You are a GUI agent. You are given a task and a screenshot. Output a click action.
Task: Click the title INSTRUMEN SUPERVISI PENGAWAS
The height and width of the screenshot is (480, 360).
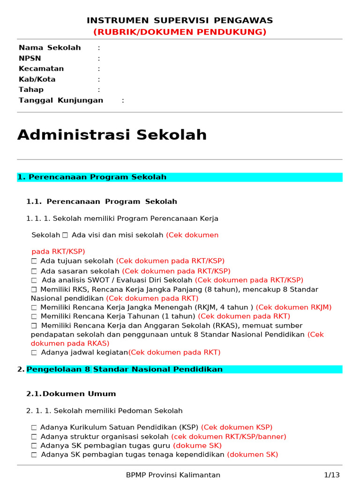tap(180, 20)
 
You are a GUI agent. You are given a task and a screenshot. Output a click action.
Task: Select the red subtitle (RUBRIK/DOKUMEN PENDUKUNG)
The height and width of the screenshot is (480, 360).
tap(180, 32)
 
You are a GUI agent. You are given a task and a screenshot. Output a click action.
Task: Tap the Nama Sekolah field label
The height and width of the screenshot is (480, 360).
tap(50, 48)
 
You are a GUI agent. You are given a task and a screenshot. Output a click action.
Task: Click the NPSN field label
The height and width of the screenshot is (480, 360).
tap(30, 59)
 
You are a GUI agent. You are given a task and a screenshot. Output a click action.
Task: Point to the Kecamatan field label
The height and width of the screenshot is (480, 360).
tap(41, 69)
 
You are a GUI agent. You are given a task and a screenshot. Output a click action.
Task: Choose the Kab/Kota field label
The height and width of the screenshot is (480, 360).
tap(37, 79)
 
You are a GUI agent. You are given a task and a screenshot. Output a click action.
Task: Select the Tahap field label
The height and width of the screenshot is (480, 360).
tap(31, 90)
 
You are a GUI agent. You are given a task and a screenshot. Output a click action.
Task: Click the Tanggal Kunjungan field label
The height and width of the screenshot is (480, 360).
tap(61, 100)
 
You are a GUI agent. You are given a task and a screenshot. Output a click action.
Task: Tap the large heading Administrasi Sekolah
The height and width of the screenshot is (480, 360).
tap(112, 135)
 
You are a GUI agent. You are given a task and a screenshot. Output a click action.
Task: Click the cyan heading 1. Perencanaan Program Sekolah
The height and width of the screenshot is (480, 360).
tap(92, 177)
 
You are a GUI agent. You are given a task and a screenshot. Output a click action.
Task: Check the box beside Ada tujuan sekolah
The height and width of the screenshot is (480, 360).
tap(34, 261)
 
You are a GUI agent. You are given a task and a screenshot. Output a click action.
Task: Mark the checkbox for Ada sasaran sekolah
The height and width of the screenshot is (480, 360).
tap(34, 271)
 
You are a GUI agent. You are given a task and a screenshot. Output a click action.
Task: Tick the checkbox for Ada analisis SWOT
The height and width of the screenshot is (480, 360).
tap(34, 280)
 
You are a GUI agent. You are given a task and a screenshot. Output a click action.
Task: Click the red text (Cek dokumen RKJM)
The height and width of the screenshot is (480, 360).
tap(293, 307)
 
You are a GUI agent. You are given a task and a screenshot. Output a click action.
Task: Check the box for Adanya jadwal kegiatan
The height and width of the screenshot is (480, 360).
tap(34, 352)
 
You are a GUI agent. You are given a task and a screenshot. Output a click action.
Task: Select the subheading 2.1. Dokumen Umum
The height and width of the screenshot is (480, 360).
tap(71, 394)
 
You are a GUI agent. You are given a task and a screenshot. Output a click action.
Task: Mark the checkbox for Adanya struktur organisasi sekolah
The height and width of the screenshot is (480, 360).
tap(34, 437)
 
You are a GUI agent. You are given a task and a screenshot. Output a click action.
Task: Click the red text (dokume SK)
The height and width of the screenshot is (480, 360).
tap(197, 446)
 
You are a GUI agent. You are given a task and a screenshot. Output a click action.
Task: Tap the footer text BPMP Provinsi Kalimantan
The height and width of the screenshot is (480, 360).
tap(173, 475)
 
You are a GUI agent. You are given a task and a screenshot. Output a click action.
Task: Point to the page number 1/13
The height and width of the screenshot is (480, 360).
tap(332, 475)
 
